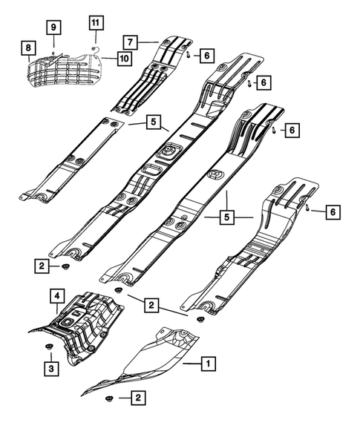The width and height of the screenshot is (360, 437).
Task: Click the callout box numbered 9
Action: click(x=54, y=27)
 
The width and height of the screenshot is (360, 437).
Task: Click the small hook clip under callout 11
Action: click(x=94, y=47)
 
